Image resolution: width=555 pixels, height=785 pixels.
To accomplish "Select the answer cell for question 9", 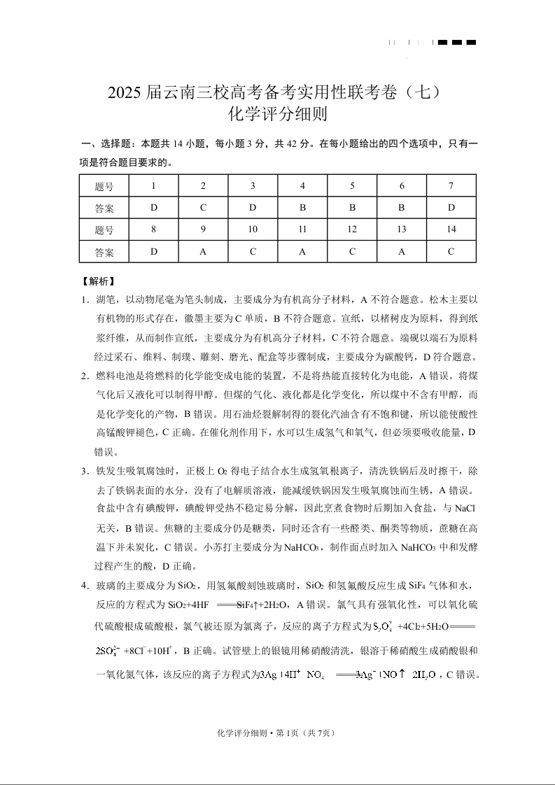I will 203,251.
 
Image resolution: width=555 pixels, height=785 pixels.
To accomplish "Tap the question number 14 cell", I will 451,229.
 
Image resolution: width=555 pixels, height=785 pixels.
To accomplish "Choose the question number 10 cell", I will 253,229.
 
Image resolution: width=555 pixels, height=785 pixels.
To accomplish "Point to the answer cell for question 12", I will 352,251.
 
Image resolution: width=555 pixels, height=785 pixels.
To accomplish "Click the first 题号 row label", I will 104,186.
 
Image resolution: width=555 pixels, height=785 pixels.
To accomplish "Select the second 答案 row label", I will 104,251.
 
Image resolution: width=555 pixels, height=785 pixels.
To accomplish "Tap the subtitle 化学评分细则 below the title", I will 278,113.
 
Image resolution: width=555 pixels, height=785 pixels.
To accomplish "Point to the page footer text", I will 277,733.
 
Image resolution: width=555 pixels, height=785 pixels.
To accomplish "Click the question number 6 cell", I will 402,186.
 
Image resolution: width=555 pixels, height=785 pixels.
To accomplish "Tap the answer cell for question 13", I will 402,251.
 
